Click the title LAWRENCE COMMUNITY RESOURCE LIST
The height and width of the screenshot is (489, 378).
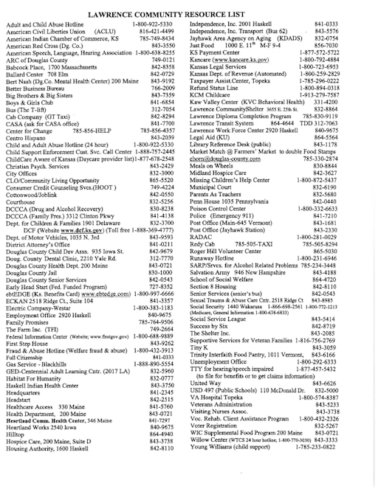[188, 14]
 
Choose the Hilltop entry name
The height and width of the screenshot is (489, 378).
[14, 434]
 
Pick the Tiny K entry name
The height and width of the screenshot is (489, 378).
[197, 347]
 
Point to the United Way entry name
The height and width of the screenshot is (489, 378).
[205, 383]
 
